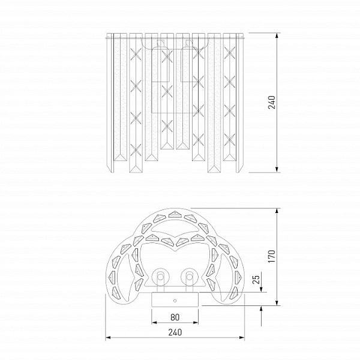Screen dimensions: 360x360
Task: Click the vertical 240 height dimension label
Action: [x=272, y=103]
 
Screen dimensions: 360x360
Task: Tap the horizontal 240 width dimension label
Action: [x=175, y=332]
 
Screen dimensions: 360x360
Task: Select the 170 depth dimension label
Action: [x=272, y=256]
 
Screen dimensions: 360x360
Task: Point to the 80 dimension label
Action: [x=175, y=317]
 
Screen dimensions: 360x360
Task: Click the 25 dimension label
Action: [x=256, y=280]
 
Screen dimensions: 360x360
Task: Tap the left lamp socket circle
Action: [x=160, y=277]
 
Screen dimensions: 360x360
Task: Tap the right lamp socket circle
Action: [x=190, y=277]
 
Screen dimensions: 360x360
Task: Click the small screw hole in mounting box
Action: [x=175, y=301]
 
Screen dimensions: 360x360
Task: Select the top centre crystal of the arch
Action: [x=175, y=214]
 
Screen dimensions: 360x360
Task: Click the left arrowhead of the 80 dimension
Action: [x=154, y=323]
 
